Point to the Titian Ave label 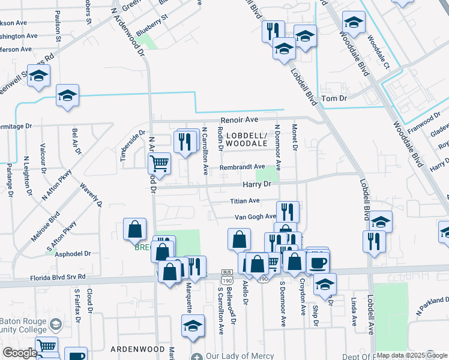245,201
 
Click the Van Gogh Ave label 255,217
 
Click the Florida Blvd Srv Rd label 58,278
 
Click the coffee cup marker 318,262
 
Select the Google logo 20,353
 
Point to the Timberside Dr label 133,146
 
